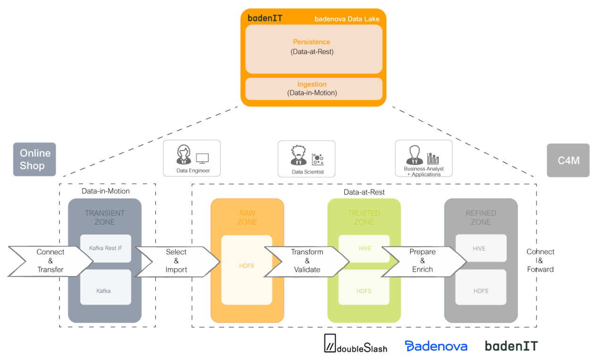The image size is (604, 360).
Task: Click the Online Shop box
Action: coord(34,159)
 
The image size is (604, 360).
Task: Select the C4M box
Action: coord(568,160)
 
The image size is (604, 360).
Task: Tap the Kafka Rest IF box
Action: coord(106,248)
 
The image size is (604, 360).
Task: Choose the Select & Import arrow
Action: coord(176,261)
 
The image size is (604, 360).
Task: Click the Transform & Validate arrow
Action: coord(307,261)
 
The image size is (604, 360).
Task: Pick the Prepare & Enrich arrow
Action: coord(422,261)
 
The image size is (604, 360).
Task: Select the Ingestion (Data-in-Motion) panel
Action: coord(313,89)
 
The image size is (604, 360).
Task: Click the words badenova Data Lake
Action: coord(347,19)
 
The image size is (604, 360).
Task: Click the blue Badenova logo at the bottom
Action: coord(436,346)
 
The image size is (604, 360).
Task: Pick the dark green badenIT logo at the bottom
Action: coord(512,346)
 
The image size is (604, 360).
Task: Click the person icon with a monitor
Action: coord(192,158)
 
